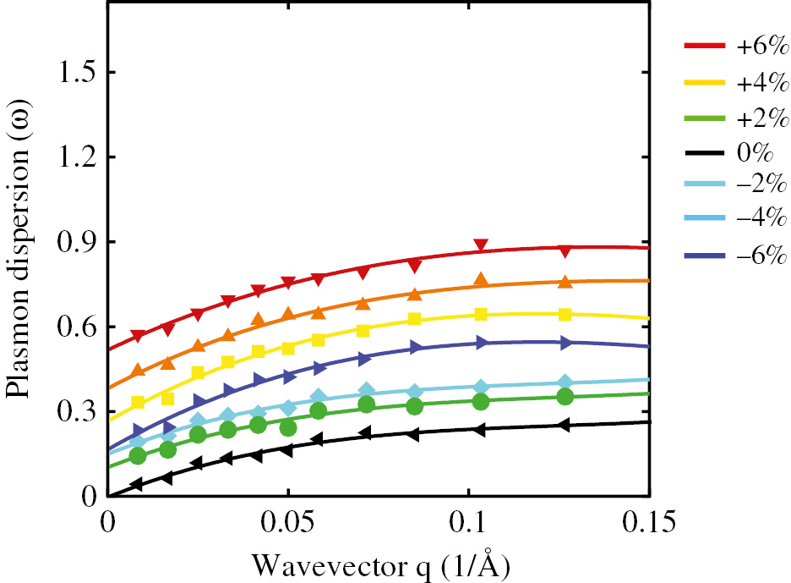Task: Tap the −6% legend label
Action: tap(761, 257)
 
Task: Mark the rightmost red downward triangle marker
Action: tap(565, 250)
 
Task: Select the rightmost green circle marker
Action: tap(565, 397)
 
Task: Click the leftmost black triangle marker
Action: tap(137, 485)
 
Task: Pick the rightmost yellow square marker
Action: tap(565, 314)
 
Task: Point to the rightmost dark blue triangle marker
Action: tap(565, 343)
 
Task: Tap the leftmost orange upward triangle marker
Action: tap(138, 370)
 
